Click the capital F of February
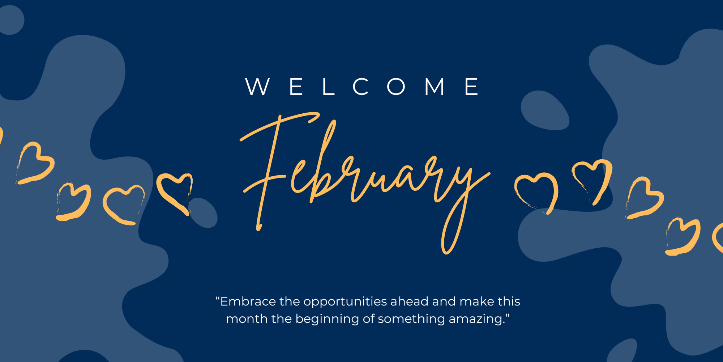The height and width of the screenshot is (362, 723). (x=275, y=170)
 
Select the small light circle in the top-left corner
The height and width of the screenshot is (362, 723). (x=11, y=20)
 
